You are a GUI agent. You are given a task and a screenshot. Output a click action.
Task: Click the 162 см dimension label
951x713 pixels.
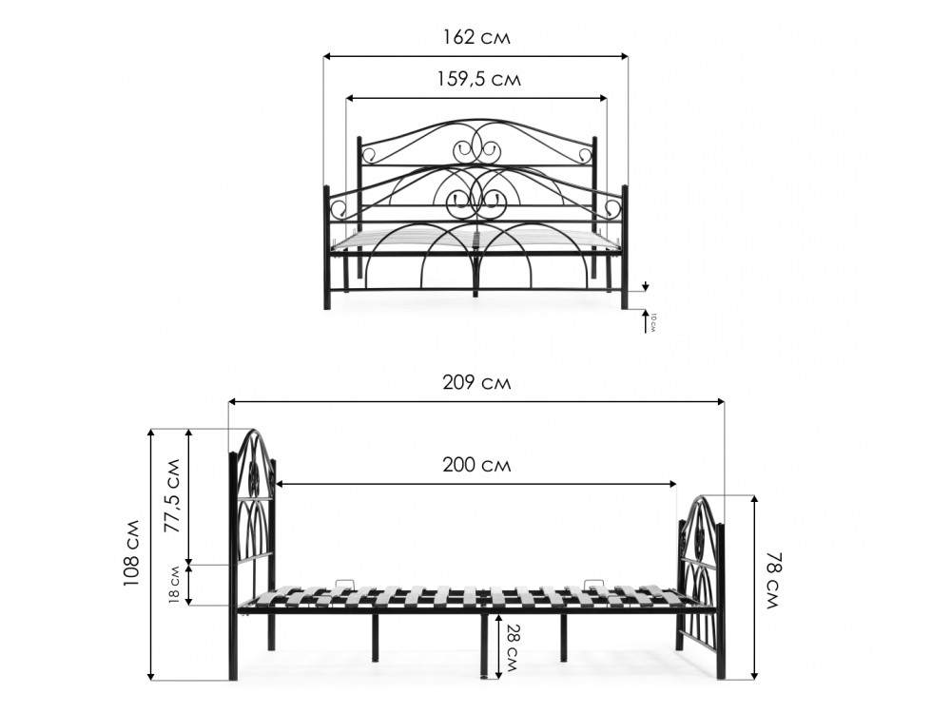click(x=476, y=38)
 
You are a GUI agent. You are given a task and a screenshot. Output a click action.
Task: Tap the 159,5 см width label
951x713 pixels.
click(x=479, y=80)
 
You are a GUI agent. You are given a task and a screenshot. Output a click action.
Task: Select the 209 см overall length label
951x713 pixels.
click(x=476, y=382)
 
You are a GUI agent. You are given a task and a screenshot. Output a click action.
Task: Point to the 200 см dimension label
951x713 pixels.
click(x=476, y=465)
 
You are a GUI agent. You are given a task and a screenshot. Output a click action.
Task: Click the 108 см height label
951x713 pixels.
click(x=131, y=553)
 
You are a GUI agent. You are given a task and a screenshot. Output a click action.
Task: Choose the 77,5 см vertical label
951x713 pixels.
click(x=173, y=496)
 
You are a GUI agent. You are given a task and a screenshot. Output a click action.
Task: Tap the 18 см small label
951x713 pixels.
click(x=174, y=585)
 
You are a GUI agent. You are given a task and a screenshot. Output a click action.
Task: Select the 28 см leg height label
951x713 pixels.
click(x=511, y=648)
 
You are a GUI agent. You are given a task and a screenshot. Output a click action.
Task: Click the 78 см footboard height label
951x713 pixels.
click(x=772, y=580)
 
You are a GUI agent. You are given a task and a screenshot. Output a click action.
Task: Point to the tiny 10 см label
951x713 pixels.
click(x=652, y=322)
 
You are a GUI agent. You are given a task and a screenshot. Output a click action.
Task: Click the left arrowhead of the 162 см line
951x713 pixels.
click(x=327, y=56)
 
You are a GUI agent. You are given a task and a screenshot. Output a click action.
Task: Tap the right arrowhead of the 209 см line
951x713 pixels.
click(x=720, y=401)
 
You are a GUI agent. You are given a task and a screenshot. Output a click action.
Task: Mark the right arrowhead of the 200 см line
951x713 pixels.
click(x=672, y=484)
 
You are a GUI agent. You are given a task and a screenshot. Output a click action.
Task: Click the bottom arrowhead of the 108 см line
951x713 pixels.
click(x=151, y=675)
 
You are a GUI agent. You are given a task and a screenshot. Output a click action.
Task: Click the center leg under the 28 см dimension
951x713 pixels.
click(x=484, y=646)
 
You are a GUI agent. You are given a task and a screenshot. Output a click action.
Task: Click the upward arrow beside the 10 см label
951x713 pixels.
click(x=647, y=320)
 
